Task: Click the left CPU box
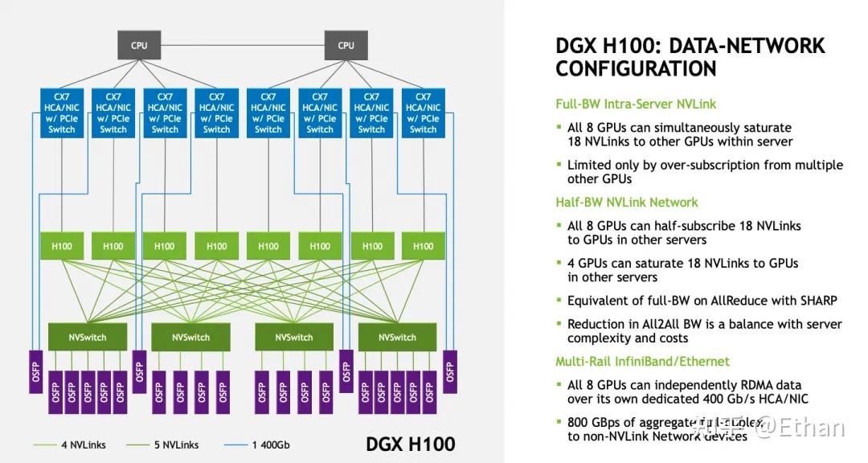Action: pos(139,46)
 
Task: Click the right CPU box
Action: pos(346,46)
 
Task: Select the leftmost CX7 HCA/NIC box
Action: pos(62,113)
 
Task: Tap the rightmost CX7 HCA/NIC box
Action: pos(423,113)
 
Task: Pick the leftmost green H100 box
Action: pos(62,246)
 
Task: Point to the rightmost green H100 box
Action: pos(423,246)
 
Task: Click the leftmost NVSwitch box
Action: pos(87,337)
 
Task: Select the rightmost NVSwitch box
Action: pos(397,337)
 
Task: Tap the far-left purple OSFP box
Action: pos(35,371)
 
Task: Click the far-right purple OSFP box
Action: pos(449,371)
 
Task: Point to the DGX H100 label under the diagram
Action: pos(410,444)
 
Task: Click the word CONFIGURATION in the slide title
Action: pos(636,69)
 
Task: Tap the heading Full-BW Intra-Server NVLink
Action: pos(636,104)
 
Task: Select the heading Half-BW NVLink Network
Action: pos(627,203)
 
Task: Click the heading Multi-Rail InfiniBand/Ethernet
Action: pos(643,362)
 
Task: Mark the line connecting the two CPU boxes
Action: pos(241,46)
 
